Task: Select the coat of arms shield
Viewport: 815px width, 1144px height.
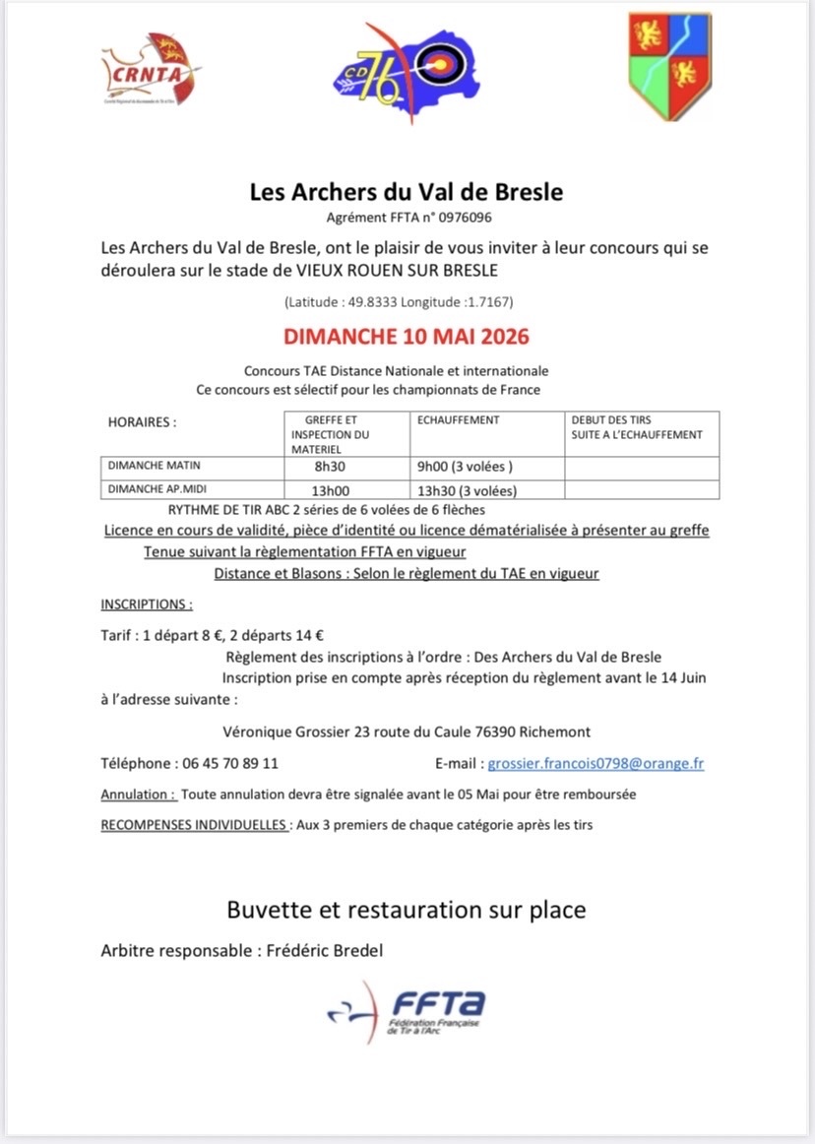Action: (669, 67)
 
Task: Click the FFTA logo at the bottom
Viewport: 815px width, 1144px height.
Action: (407, 1010)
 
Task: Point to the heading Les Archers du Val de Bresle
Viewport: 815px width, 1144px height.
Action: (407, 191)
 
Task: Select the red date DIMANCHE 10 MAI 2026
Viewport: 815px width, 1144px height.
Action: (407, 337)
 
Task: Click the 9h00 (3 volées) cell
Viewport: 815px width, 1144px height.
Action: (466, 467)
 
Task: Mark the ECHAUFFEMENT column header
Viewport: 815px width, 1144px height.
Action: (459, 420)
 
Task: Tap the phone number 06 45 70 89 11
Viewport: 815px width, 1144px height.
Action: (230, 763)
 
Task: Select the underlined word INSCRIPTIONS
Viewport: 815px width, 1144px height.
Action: (147, 604)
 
